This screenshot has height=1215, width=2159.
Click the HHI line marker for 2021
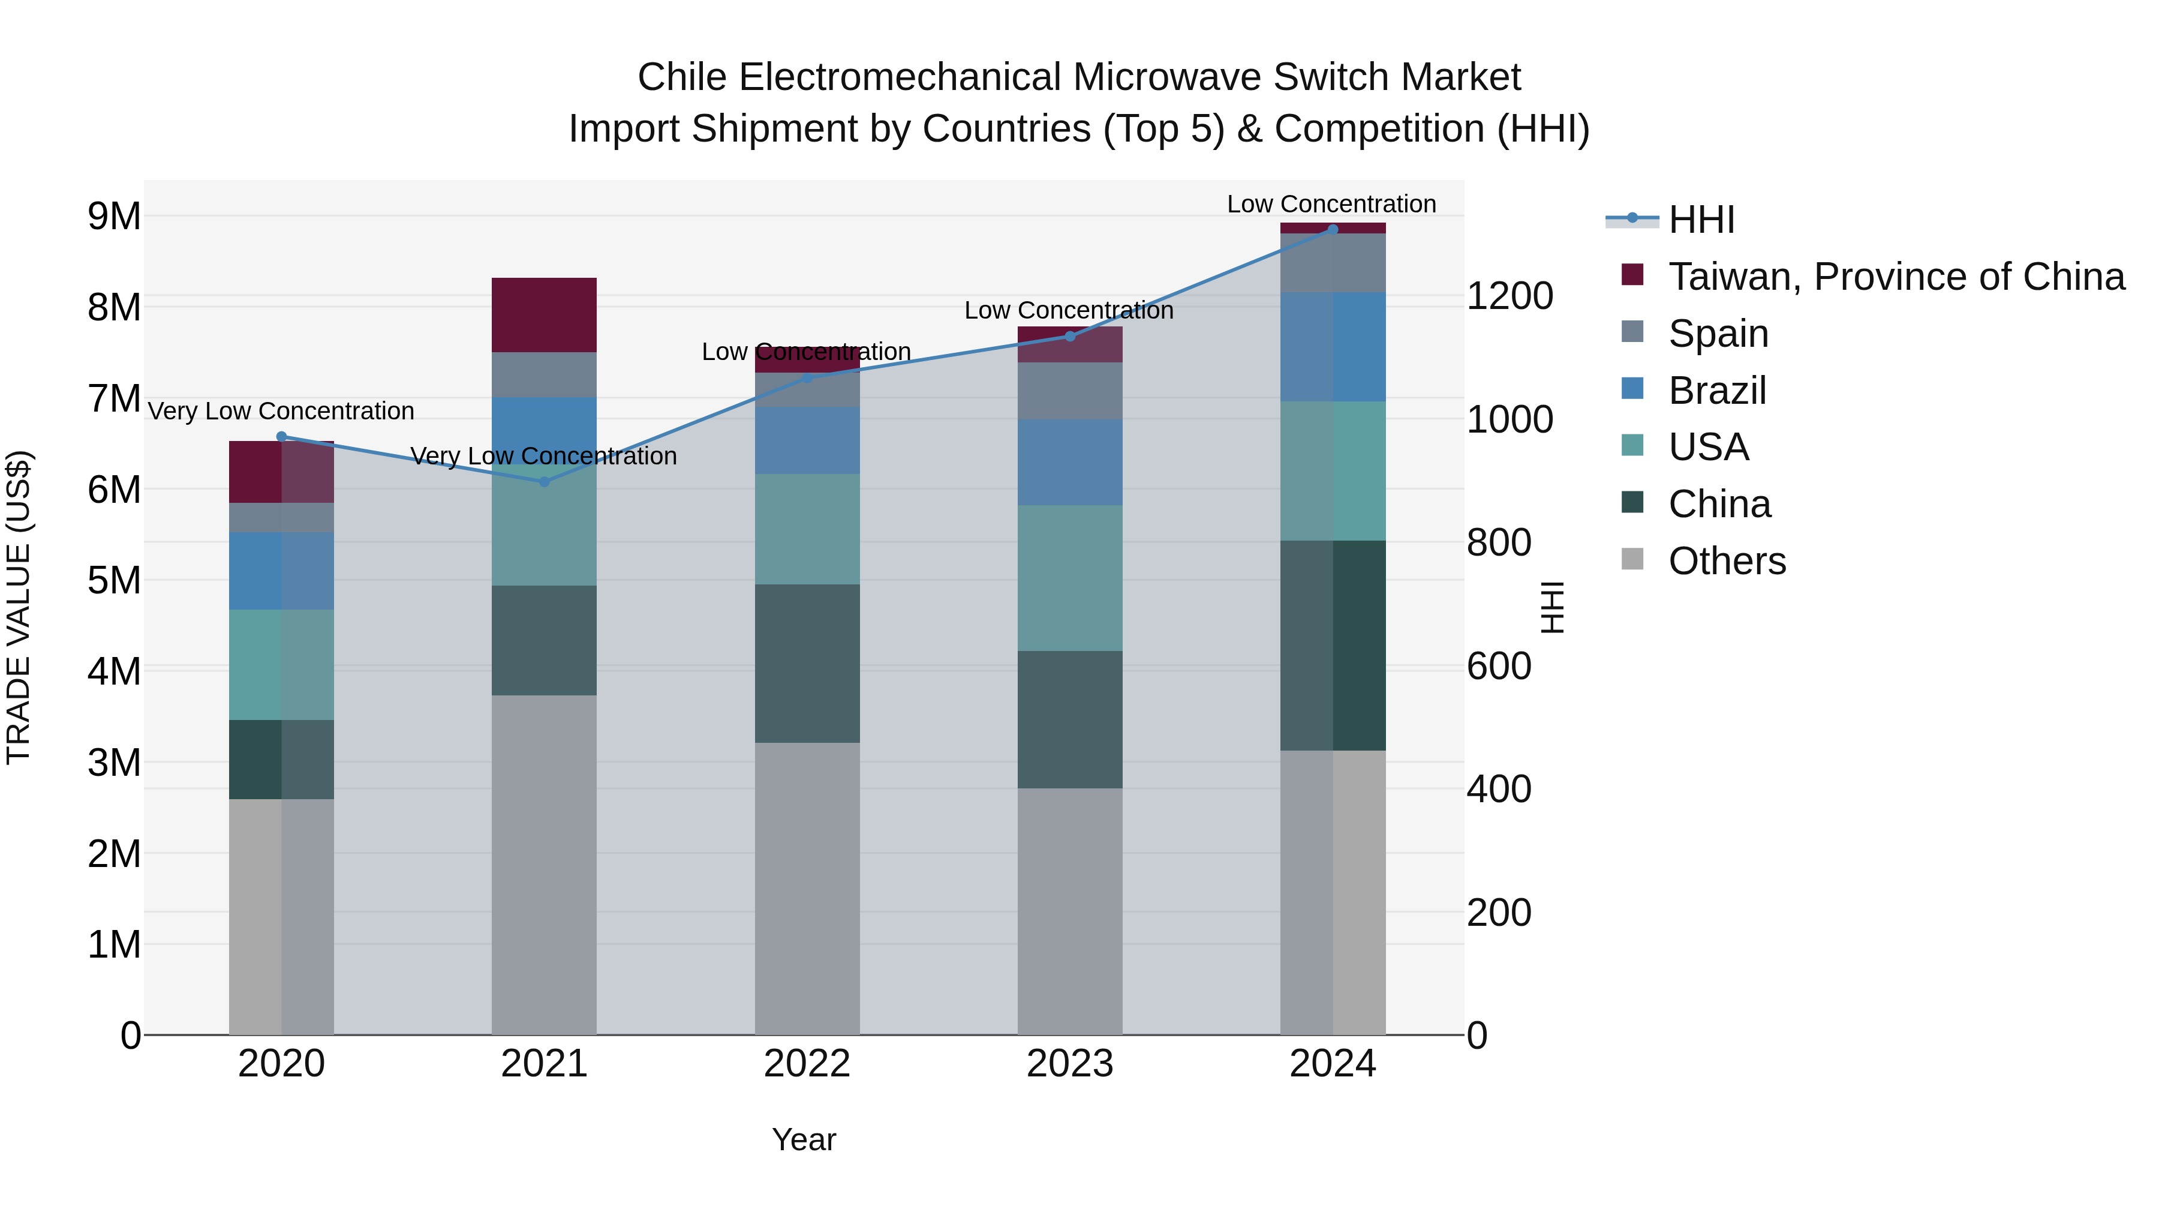pos(544,481)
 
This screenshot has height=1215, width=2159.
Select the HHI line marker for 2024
pos(1333,229)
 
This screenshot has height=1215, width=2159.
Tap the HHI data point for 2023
pos(1069,336)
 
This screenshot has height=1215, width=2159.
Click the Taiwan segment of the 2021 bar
pos(544,314)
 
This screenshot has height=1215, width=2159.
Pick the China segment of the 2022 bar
pos(807,663)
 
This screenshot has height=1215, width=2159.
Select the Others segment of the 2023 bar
pos(1069,911)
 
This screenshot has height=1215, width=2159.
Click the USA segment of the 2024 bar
pos(1333,470)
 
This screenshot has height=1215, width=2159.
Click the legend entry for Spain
pos(1718,333)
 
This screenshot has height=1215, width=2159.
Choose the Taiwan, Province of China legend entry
pos(1896,276)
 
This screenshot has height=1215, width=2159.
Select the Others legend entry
pos(1727,560)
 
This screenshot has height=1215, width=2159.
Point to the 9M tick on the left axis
pos(115,217)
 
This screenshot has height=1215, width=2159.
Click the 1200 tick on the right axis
pos(1510,296)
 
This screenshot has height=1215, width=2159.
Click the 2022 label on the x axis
pos(807,1063)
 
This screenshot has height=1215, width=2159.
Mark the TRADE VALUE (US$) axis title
pos(19,607)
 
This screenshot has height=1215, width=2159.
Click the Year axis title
pos(804,1139)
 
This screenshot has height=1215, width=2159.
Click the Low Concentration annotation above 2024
pos(1331,204)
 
